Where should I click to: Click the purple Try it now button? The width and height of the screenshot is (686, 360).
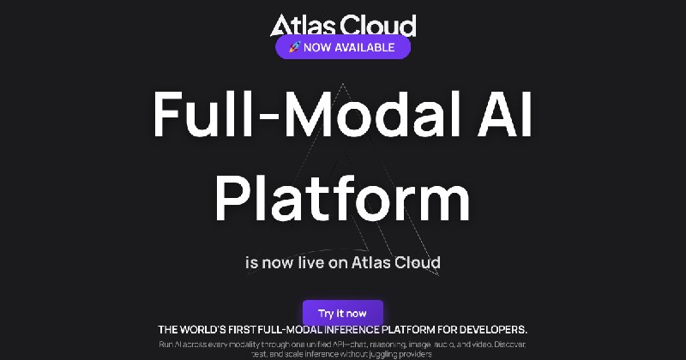342,313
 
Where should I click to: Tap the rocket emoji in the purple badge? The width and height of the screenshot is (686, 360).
292,47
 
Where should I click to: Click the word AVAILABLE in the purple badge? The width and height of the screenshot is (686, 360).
364,47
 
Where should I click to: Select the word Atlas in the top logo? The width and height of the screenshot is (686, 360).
300,26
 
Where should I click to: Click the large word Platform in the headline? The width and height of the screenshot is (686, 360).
342,201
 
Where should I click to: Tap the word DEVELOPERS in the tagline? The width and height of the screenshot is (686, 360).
484,329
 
